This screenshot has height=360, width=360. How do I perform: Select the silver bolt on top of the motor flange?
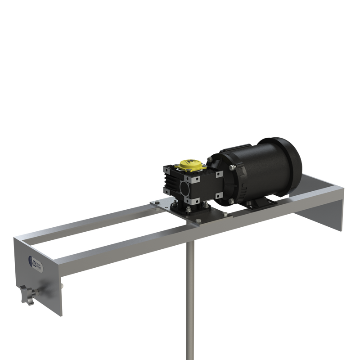(231, 168)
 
